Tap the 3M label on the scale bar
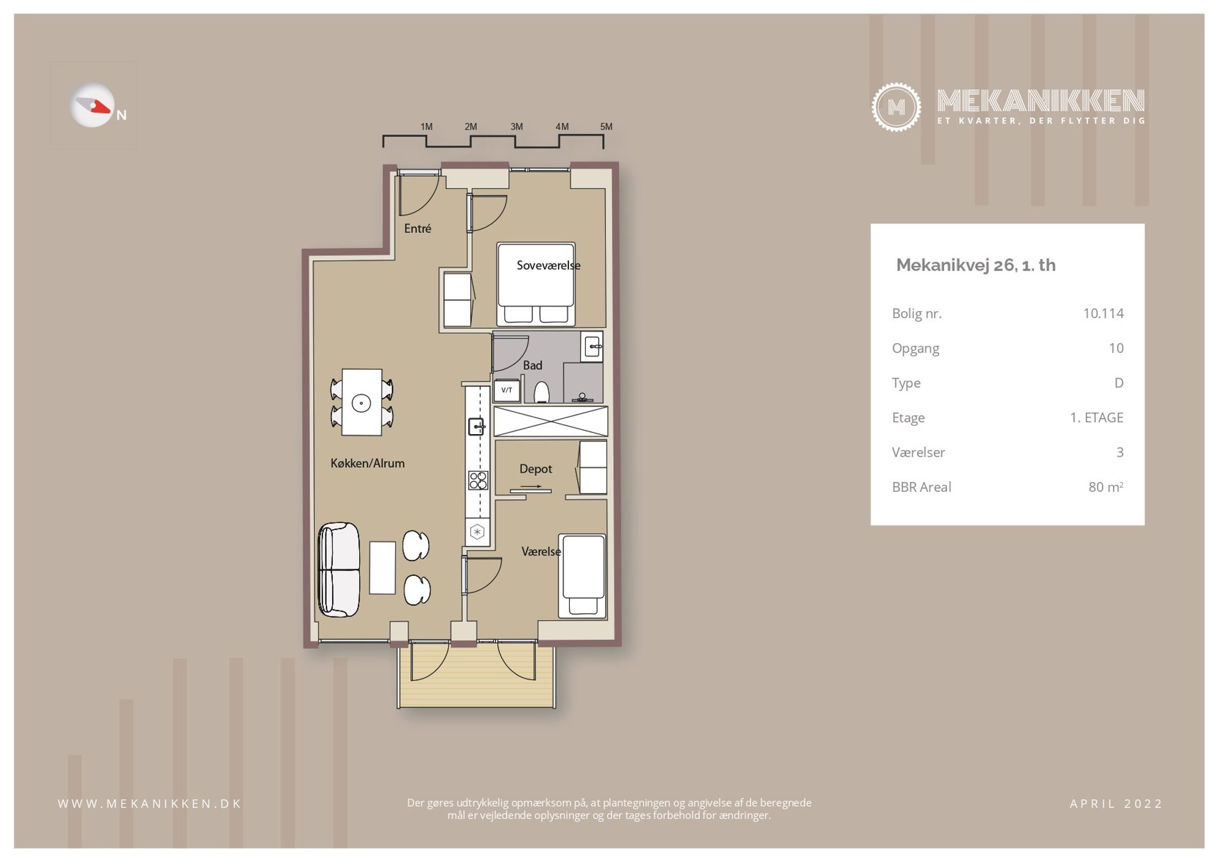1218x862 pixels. [x=516, y=126]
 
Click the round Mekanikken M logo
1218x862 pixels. [x=896, y=107]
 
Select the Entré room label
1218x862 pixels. [x=417, y=228]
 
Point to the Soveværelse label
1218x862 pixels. [x=548, y=265]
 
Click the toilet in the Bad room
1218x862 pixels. [x=541, y=392]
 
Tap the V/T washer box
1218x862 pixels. [x=506, y=390]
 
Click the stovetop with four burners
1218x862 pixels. [x=478, y=480]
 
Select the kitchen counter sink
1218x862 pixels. [x=476, y=426]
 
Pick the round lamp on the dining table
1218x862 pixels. [x=361, y=403]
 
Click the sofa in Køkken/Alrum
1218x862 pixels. [x=338, y=570]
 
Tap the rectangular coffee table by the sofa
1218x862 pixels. [x=382, y=567]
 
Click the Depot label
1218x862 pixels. [x=535, y=469]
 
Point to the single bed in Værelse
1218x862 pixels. [x=583, y=576]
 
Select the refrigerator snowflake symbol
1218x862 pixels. [x=477, y=532]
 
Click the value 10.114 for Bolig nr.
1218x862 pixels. [x=1103, y=313]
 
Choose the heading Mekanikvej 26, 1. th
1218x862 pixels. [x=976, y=265]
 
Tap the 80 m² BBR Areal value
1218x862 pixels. [x=1106, y=487]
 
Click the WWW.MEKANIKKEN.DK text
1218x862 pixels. [x=150, y=804]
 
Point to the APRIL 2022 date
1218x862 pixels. [x=1116, y=804]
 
